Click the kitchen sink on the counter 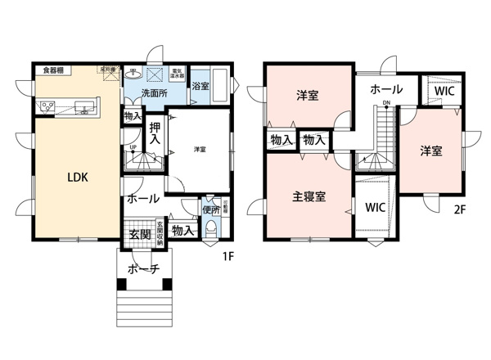(83, 106)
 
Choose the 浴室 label (199, 85)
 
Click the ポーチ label (142, 269)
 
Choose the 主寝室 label (310, 197)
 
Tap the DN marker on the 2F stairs (385, 103)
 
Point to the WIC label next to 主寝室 (376, 206)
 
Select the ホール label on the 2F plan (385, 88)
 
